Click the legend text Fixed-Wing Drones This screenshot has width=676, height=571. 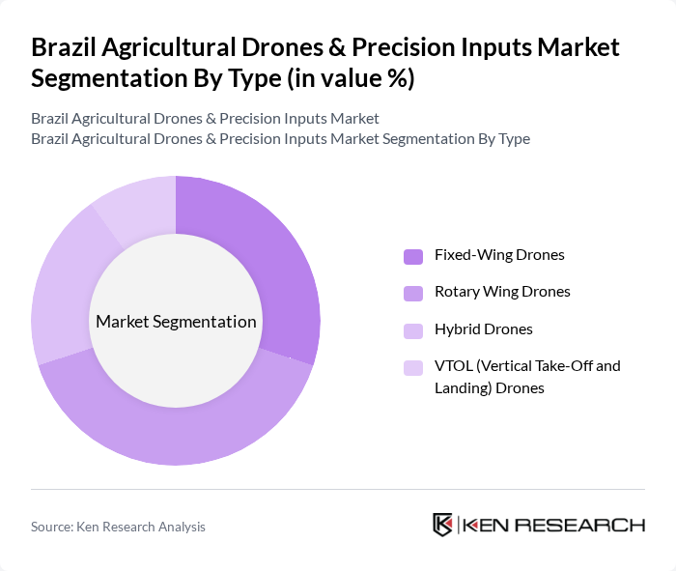(499, 255)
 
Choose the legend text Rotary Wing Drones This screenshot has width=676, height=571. (502, 292)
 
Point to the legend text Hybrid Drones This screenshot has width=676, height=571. (484, 329)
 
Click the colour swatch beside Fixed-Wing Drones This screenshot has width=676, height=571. (412, 256)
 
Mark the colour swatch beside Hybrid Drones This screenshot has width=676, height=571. (412, 330)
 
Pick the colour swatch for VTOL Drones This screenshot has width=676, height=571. (412, 367)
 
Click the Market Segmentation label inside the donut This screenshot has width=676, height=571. (175, 322)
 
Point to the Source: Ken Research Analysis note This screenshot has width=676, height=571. (118, 527)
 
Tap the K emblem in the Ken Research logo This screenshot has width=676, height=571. (443, 525)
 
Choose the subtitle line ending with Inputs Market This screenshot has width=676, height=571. (205, 118)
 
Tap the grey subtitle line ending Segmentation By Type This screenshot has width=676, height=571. (280, 138)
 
